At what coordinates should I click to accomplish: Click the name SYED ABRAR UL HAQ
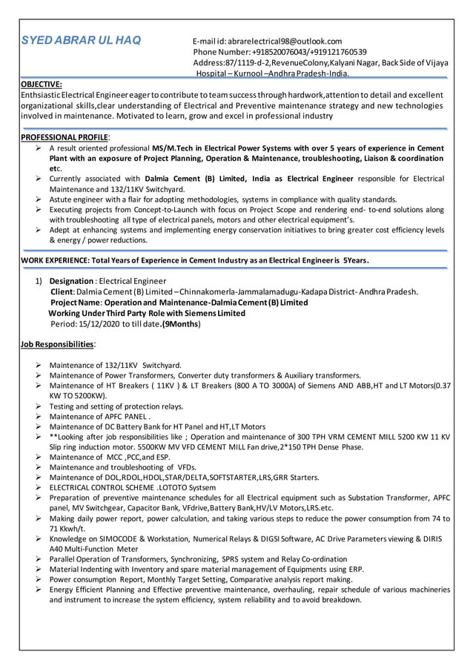point(81,40)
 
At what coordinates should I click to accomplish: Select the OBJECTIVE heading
point(42,85)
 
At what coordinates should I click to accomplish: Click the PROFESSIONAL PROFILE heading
point(64,137)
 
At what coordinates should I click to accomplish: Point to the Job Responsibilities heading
point(57,345)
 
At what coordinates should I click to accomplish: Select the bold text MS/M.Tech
point(176,148)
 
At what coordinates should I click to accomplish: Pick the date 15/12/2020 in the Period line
point(104,324)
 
